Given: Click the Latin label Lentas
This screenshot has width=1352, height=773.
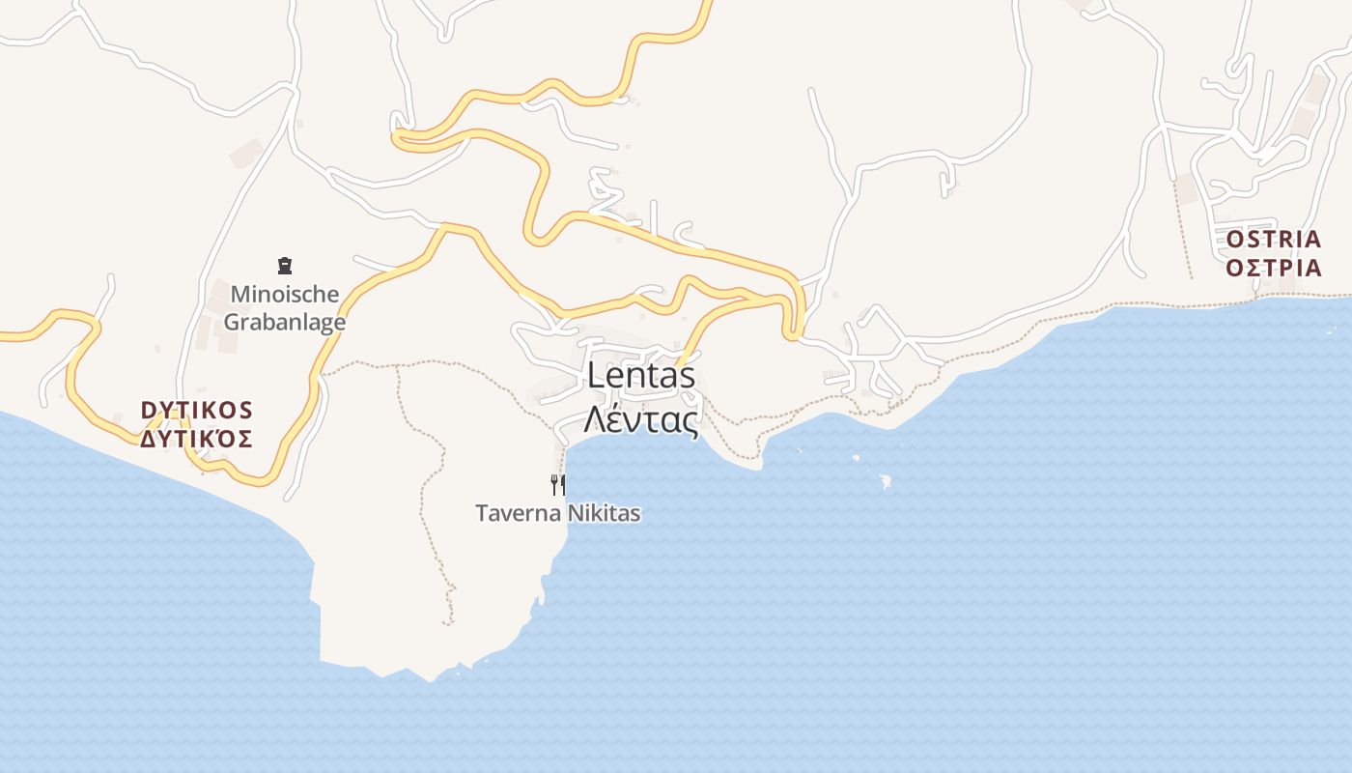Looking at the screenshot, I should click(641, 376).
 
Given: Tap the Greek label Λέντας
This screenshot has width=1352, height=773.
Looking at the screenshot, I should click(641, 420).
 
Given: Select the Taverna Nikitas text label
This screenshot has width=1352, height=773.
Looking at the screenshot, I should click(557, 513).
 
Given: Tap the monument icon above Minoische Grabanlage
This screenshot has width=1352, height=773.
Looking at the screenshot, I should click(284, 265).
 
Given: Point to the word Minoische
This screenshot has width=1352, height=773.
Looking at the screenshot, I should click(285, 294).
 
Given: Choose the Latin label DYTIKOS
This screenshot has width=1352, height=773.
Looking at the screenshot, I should click(197, 411).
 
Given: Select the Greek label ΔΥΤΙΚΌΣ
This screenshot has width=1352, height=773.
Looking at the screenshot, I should click(197, 440).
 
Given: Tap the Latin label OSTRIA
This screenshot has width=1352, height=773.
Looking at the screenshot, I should click(1274, 239).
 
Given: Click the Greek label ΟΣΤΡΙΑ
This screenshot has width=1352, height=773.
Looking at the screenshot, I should click(1274, 268).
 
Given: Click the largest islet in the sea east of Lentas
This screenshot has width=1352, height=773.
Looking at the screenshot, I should click(884, 479).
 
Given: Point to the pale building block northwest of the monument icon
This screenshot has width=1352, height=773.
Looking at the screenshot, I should click(246, 153).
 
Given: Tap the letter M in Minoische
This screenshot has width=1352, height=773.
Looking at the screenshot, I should click(239, 294).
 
